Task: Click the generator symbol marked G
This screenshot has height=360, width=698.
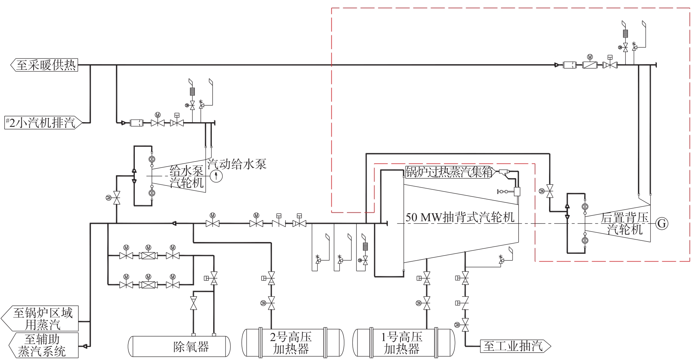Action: pos(662,223)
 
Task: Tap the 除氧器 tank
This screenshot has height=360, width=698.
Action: pos(179,347)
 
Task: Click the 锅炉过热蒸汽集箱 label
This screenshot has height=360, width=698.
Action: pos(449,172)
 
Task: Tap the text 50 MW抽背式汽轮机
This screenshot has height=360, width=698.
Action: pos(460,217)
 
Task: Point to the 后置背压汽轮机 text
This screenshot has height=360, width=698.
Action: pos(625,223)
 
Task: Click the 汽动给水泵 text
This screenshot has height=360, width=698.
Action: pos(237,164)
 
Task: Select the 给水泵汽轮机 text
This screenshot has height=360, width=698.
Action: pos(187,176)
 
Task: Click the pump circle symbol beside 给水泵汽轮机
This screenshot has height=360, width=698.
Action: pos(216,176)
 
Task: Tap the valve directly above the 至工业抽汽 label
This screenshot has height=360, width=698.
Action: pos(465,325)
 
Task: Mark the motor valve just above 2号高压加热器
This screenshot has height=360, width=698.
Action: pos(271,303)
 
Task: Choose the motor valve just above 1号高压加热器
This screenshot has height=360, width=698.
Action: pos(427,303)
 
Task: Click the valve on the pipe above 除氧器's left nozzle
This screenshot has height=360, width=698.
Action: pos(193,303)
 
